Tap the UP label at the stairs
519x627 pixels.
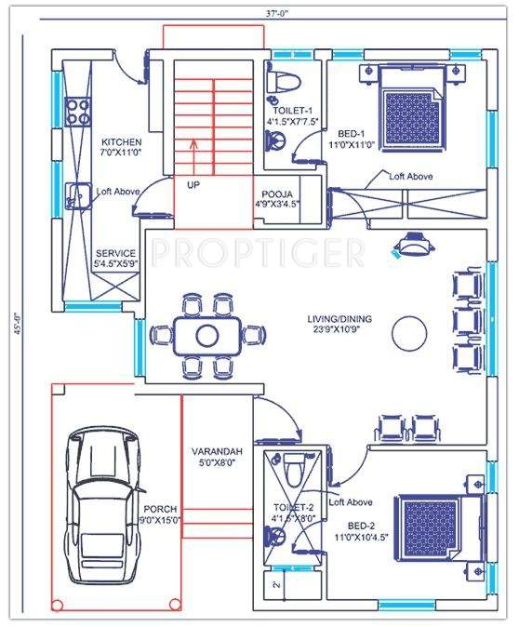click(193, 185)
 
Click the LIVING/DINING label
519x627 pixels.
click(339, 319)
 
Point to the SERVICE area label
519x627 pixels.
click(115, 253)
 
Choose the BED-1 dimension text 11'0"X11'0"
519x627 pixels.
click(350, 145)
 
